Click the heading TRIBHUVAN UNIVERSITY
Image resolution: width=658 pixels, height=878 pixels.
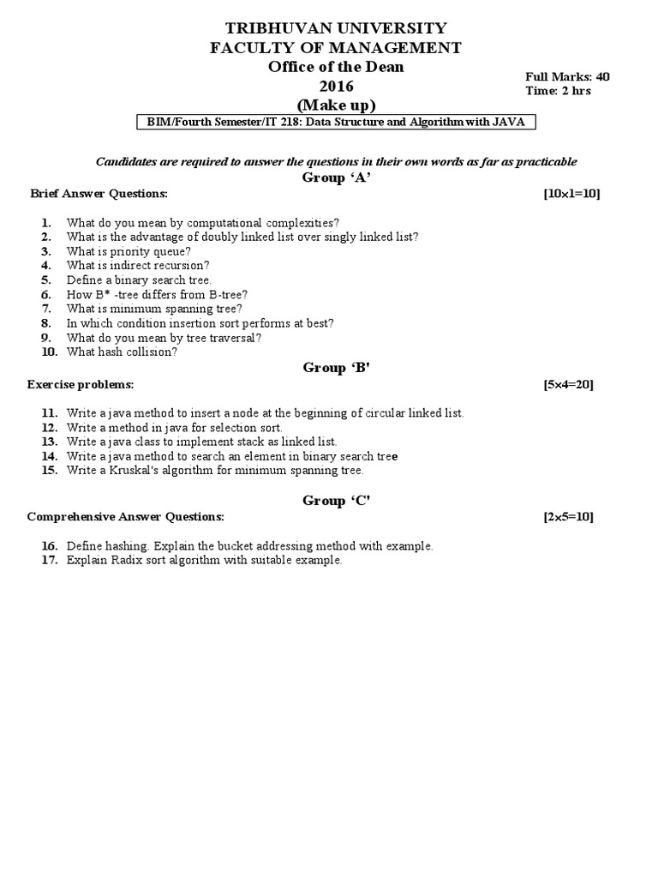336,29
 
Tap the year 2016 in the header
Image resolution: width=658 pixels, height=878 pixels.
336,86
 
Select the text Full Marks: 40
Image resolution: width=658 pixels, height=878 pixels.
567,76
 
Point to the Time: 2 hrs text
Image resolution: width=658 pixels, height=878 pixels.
558,91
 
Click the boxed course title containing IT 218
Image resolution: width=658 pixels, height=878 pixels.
337,123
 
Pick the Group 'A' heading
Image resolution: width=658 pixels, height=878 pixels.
336,177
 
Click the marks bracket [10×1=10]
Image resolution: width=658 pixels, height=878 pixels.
571,194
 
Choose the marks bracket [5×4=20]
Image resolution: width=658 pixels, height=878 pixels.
568,384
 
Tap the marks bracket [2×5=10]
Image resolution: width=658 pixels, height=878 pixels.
568,517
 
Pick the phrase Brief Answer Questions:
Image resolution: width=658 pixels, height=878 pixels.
99,194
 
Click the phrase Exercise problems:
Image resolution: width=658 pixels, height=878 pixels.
81,384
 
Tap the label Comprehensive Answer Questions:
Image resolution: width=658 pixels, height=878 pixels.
125,517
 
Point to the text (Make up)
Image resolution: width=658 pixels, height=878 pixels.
336,105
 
